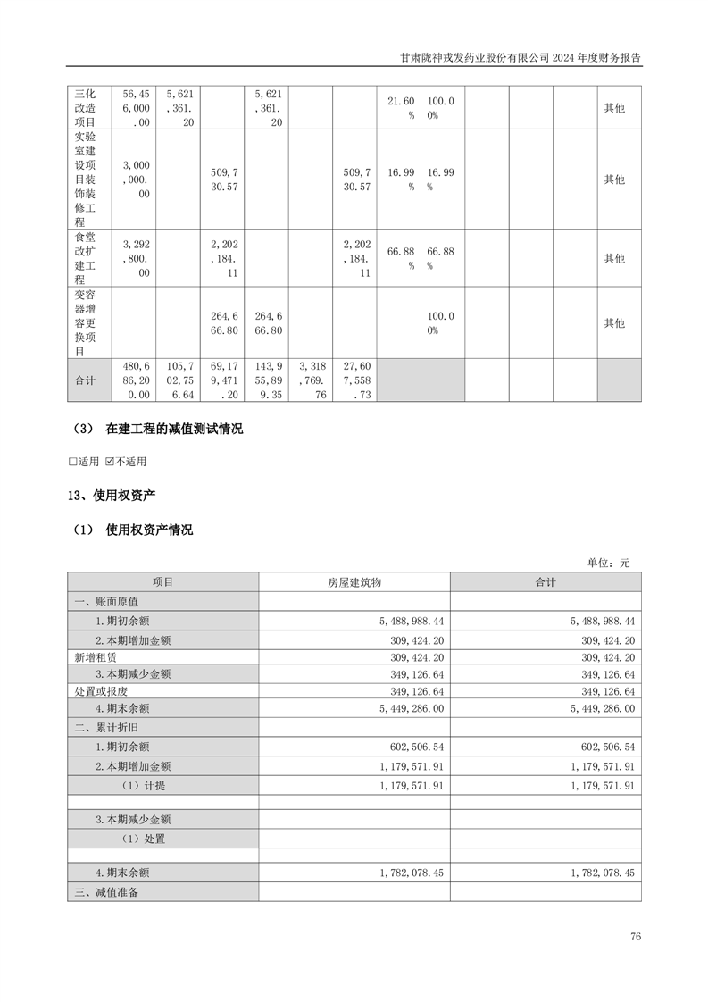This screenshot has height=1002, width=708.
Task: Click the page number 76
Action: (635, 937)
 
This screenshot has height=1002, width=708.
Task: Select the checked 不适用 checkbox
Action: (110, 462)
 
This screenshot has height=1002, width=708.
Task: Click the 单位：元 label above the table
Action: (608, 563)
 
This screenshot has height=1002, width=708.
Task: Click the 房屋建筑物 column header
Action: (354, 582)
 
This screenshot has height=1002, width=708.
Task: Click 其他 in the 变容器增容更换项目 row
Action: (614, 322)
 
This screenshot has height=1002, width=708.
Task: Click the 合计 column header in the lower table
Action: (546, 582)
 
